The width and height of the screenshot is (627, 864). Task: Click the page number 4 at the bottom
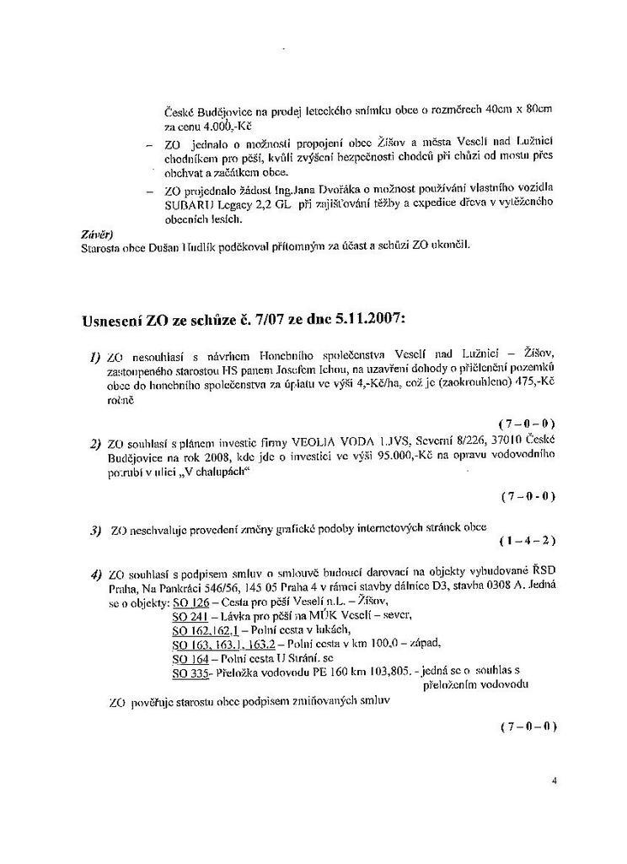[x=554, y=781]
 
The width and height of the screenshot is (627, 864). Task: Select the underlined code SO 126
[x=190, y=602]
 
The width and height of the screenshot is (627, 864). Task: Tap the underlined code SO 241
[x=190, y=616]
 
